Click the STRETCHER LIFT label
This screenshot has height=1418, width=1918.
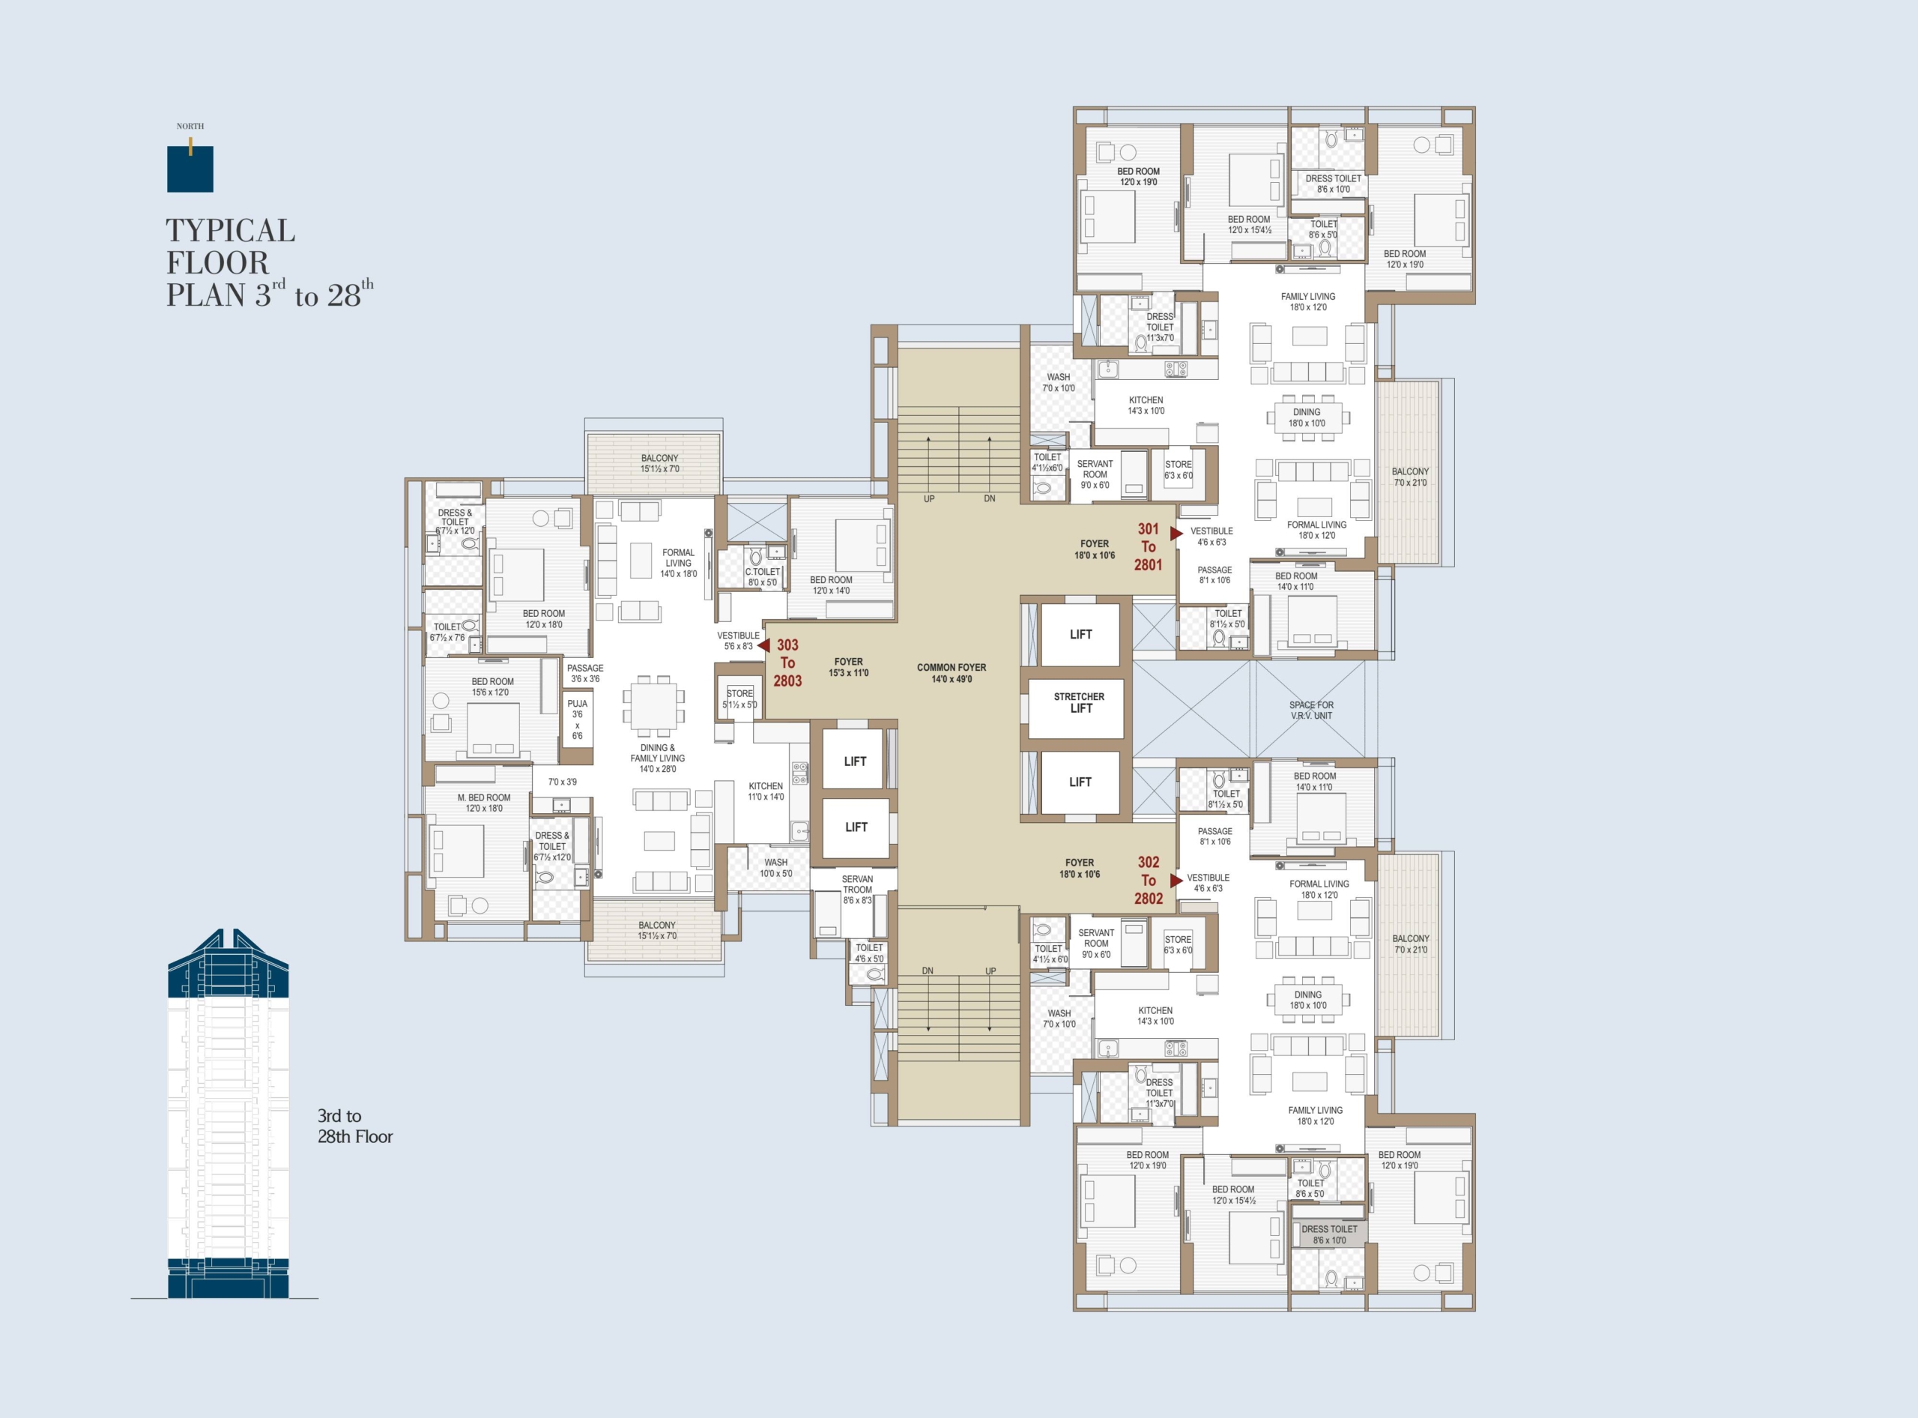point(1080,702)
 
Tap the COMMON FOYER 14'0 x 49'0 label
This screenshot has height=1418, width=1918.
point(952,673)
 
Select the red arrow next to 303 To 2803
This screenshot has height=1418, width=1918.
point(763,645)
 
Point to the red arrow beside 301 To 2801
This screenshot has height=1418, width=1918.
point(1176,533)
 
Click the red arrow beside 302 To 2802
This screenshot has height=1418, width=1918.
point(1176,881)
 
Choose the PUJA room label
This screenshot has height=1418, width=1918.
point(578,719)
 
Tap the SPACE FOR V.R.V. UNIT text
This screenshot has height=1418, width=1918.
point(1311,710)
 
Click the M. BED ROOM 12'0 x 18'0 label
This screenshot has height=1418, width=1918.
point(484,803)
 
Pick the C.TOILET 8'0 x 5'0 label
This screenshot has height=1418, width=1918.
point(763,577)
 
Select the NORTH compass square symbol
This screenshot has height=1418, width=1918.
point(190,169)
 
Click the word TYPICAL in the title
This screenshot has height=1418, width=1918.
point(230,230)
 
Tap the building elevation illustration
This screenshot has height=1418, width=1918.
point(229,1113)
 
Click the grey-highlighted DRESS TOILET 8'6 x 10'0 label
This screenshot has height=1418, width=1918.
point(1329,1234)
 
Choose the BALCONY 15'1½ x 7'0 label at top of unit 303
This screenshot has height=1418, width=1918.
point(659,463)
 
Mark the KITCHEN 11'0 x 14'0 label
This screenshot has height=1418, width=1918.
point(766,791)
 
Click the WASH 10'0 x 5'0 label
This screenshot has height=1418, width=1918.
point(775,868)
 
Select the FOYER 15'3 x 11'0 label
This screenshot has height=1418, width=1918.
point(849,667)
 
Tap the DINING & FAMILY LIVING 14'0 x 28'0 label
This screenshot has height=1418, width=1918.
point(657,758)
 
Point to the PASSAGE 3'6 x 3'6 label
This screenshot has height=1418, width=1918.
point(585,673)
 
